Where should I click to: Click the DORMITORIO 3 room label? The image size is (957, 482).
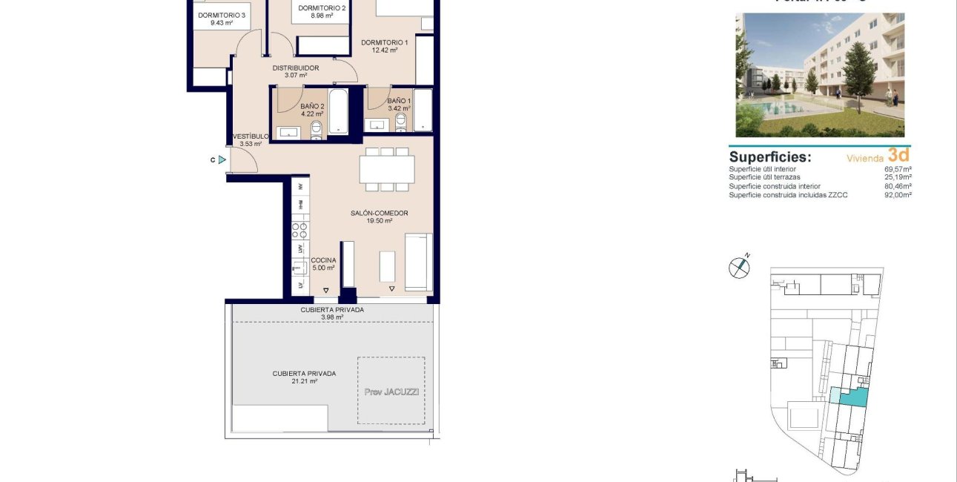coord(222,15)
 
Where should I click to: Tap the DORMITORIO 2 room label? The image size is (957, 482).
coord(322,8)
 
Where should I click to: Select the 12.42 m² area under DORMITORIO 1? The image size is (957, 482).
coord(384,50)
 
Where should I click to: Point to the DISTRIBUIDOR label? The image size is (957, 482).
coord(295,68)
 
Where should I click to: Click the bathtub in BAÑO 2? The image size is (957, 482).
coord(338,112)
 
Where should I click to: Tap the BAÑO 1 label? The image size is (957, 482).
coord(399,101)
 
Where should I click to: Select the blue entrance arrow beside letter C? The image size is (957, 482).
coord(222,159)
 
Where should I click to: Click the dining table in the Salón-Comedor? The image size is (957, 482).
coord(386,169)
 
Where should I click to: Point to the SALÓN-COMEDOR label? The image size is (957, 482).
coord(379,214)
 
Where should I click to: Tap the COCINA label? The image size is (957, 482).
coord(323,260)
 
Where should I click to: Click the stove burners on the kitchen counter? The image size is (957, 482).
coord(300,230)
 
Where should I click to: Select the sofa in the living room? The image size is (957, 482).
coord(418,263)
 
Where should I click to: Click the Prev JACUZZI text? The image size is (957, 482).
coord(391,392)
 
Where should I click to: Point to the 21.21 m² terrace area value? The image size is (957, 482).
coord(303,381)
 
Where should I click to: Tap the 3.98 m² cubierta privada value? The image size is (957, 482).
coord(332,317)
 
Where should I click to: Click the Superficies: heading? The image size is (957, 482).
coord(769,157)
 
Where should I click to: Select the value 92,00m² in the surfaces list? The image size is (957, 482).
coord(897,195)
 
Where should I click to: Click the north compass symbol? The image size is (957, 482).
coord(739,268)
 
